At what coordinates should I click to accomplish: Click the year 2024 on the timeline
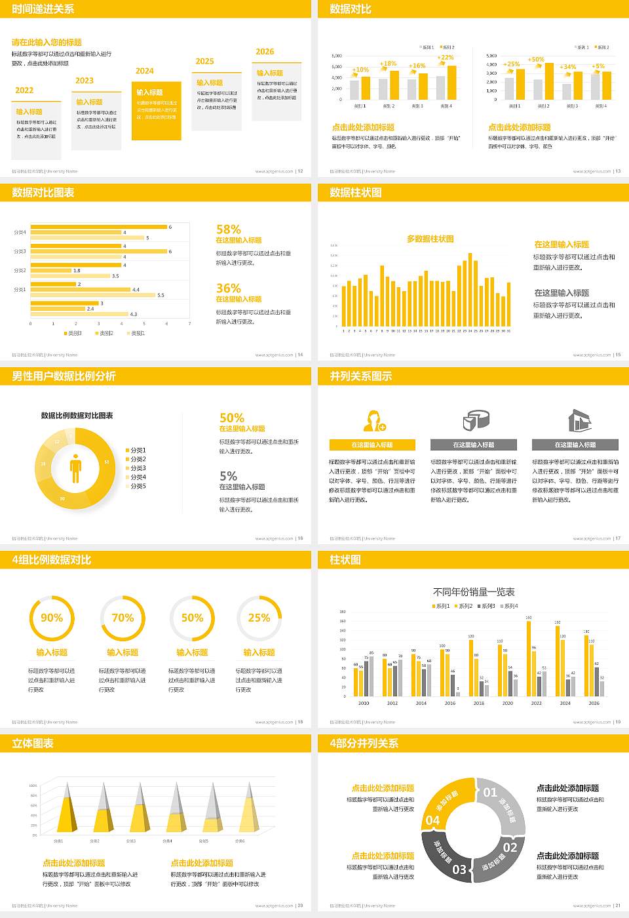(145, 71)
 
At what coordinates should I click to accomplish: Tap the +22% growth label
(446, 58)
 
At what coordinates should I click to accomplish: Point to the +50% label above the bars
(536, 60)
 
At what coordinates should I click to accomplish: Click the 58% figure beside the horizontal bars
(229, 229)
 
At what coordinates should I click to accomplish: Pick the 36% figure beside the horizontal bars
(229, 289)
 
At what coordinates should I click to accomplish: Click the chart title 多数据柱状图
(430, 239)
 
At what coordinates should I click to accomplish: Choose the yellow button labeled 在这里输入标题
(372, 445)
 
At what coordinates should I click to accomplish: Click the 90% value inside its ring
(52, 618)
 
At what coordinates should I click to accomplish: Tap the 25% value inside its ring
(259, 618)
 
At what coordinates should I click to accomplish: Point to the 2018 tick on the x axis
(479, 703)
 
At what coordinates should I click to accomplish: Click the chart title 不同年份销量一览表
(474, 592)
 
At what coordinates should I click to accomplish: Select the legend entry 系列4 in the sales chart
(509, 606)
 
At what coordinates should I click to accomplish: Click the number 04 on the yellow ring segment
(433, 820)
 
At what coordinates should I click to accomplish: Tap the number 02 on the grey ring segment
(510, 847)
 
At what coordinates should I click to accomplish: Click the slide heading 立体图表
(33, 744)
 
